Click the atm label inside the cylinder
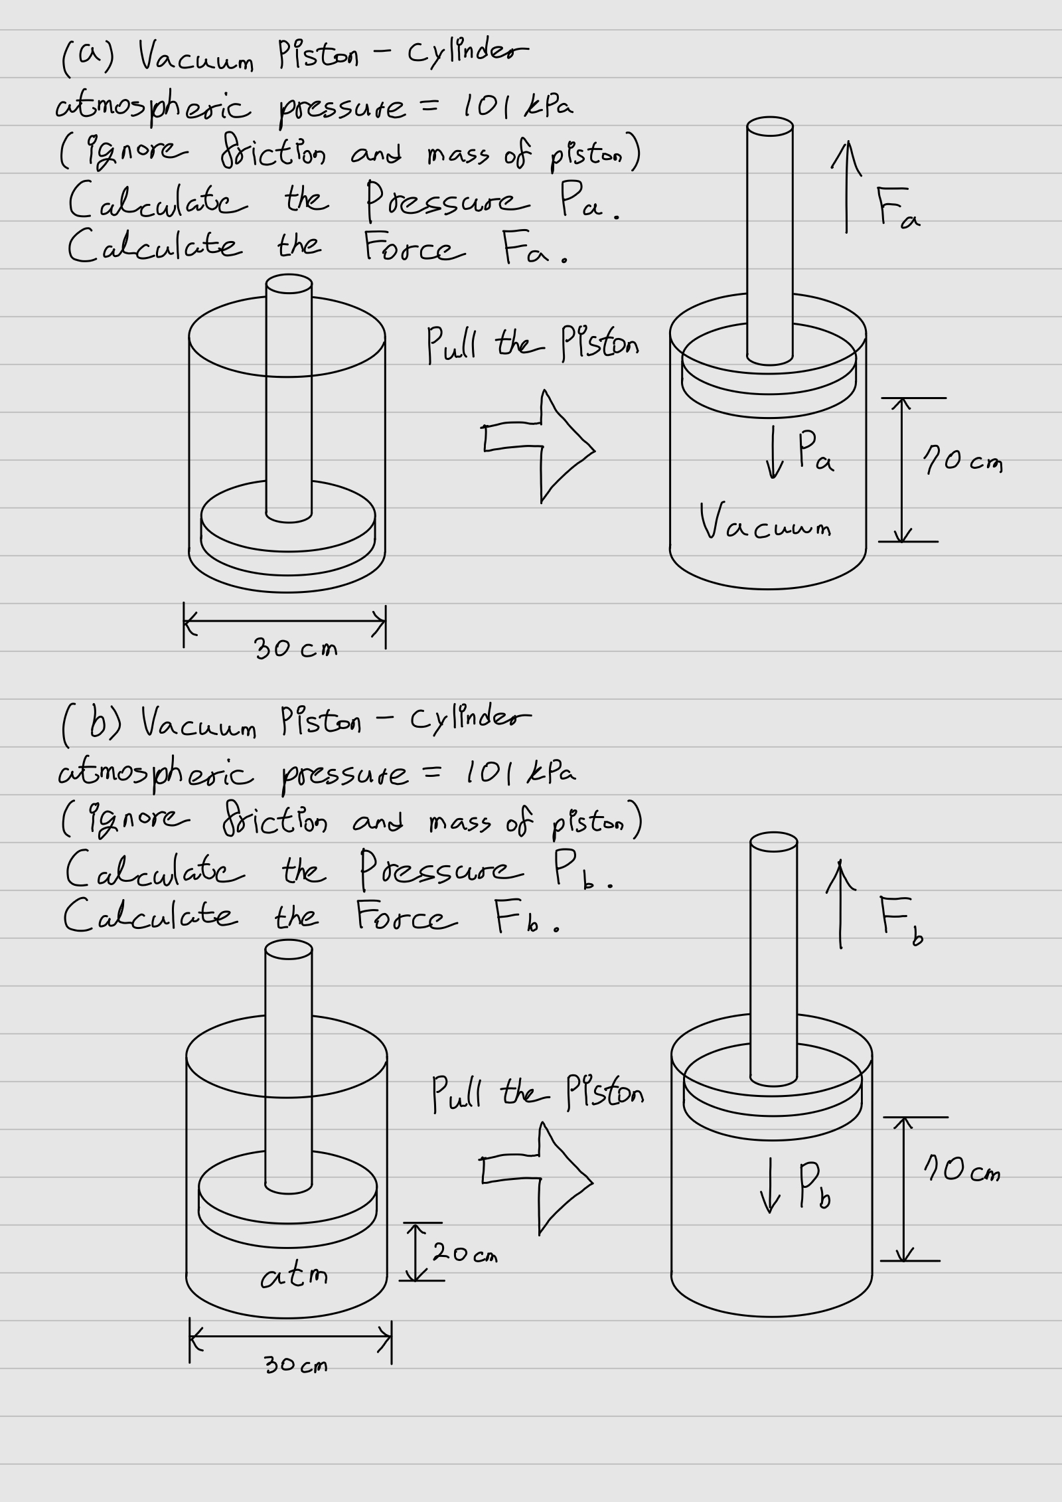[x=294, y=1276]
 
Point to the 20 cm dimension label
[x=465, y=1254]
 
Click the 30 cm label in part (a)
[x=296, y=647]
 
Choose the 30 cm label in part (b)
[x=296, y=1365]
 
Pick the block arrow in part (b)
[x=536, y=1178]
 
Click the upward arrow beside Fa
[x=846, y=189]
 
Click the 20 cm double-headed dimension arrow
[x=416, y=1251]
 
